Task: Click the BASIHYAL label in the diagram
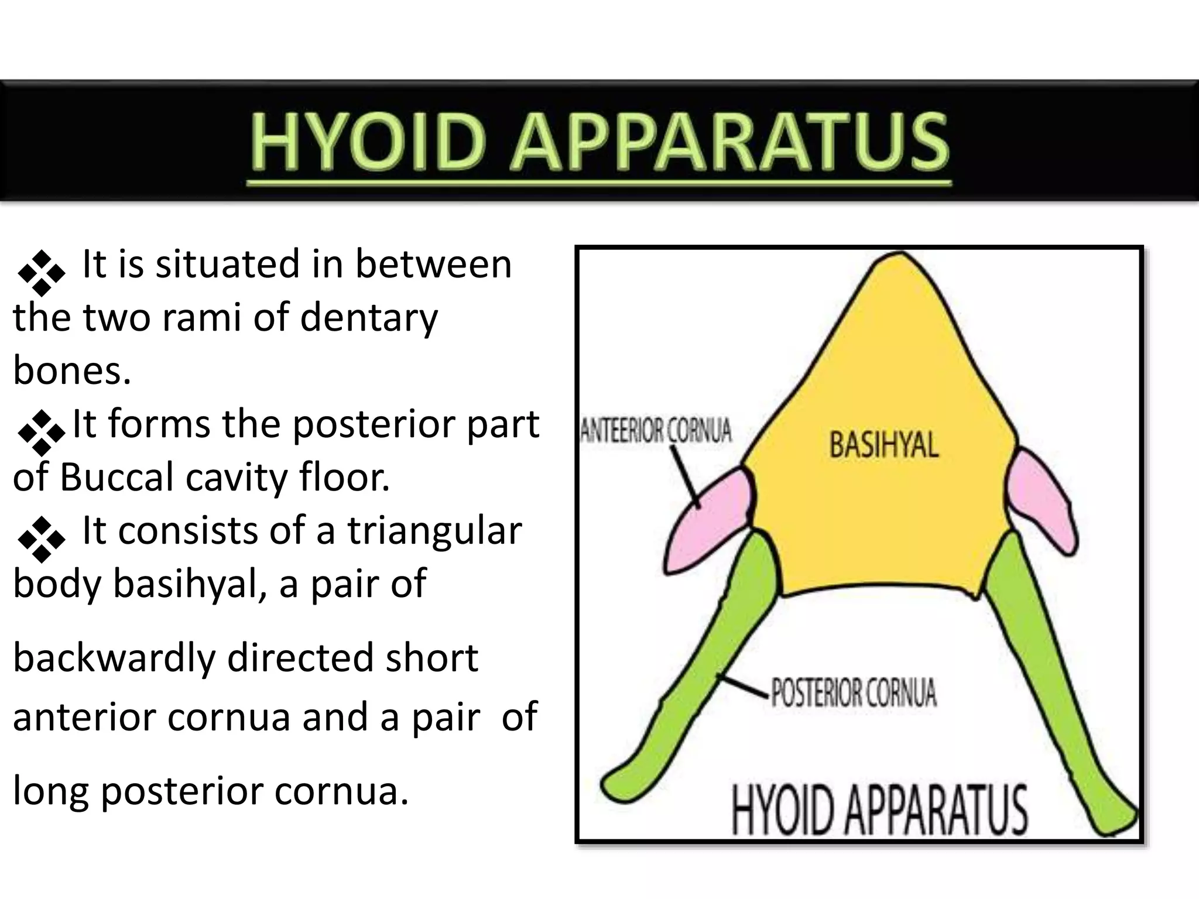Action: point(883,445)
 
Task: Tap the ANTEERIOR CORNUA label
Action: point(656,431)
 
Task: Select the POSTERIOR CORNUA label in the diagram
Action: point(854,693)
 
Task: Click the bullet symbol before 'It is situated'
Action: point(41,273)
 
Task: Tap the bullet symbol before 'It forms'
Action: point(41,433)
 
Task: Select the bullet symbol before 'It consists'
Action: point(41,539)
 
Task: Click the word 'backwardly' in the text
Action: point(115,658)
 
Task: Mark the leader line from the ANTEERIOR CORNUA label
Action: point(685,477)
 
